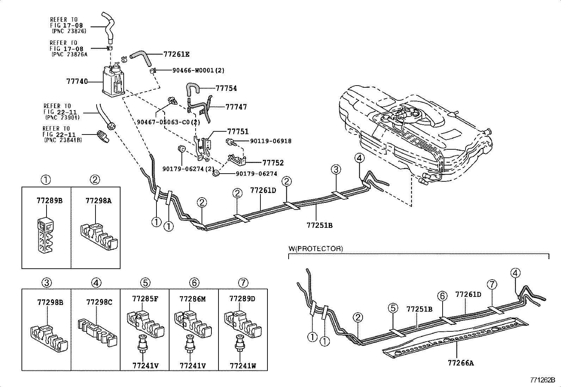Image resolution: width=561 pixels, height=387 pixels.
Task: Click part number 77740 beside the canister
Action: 77,81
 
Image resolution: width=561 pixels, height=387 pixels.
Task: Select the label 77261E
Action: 176,54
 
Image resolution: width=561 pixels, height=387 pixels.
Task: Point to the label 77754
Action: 226,88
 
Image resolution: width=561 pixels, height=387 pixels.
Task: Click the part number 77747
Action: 236,107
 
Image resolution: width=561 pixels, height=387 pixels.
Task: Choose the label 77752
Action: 273,163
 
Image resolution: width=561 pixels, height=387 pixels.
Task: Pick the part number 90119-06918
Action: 271,141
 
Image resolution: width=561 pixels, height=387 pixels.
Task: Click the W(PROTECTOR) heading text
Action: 315,249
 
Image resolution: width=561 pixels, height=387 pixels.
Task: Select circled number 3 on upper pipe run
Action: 336,169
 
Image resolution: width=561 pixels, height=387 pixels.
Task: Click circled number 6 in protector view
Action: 443,296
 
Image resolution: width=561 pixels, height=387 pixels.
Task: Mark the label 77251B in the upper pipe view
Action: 319,225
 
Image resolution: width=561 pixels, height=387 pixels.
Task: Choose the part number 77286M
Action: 192,299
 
